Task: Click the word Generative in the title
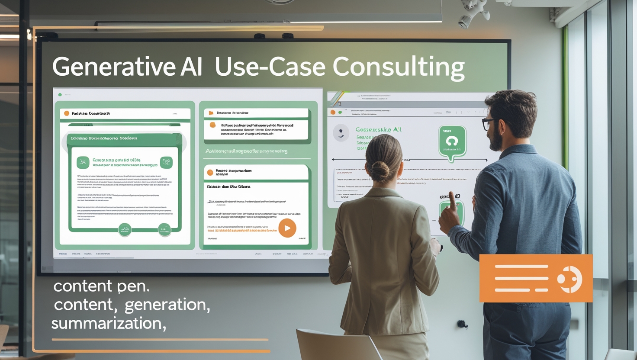(114, 67)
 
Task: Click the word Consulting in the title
(399, 67)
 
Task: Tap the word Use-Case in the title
(270, 67)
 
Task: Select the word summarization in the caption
(108, 323)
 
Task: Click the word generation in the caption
(167, 305)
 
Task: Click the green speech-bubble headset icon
(452, 141)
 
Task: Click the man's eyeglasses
(489, 124)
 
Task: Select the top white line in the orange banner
(521, 267)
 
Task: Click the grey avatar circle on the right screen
(341, 133)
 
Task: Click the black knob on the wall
(462, 324)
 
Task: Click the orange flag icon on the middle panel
(211, 113)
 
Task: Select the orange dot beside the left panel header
(67, 113)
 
